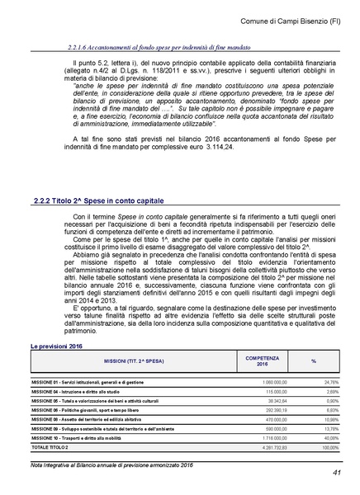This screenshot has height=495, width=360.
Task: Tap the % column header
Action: coord(313,361)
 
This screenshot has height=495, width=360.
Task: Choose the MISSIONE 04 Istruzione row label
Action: coord(82,391)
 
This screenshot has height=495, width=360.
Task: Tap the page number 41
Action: coord(337,473)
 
